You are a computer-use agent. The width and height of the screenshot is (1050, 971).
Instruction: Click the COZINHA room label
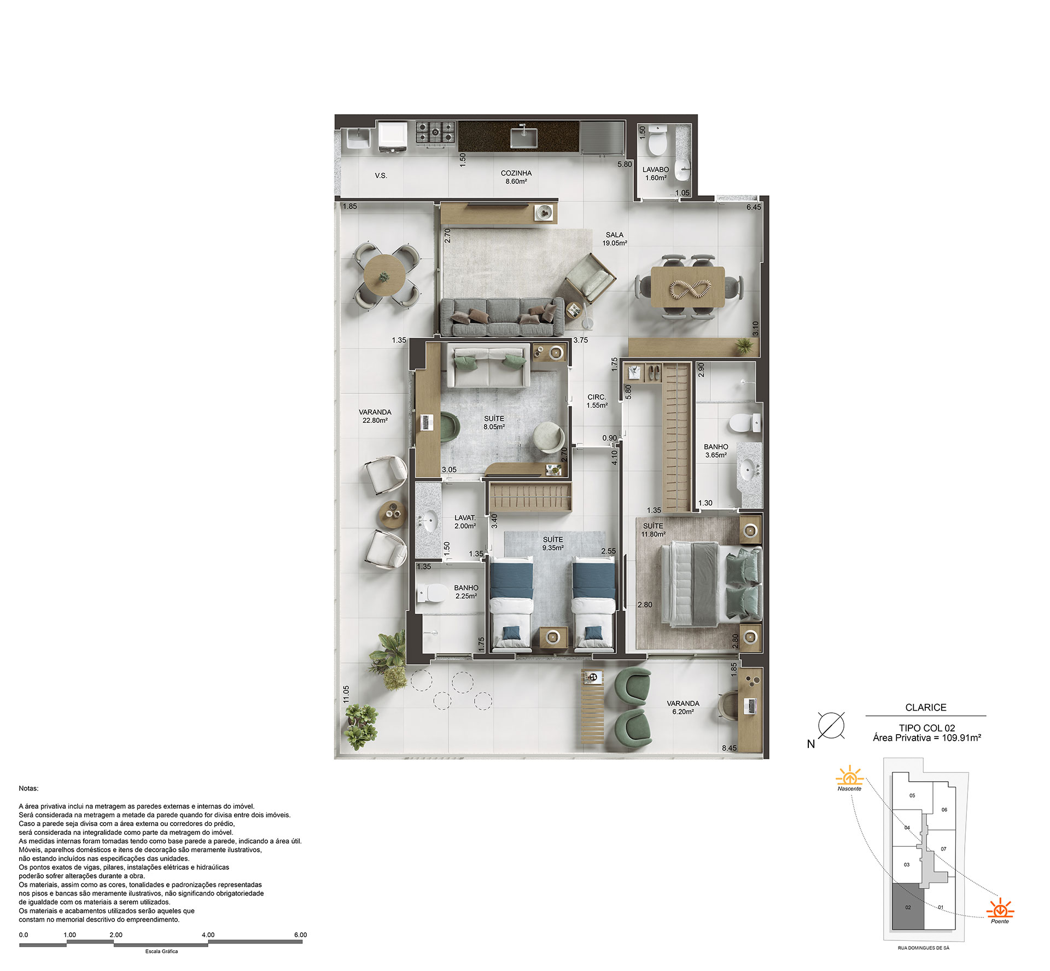tap(516, 173)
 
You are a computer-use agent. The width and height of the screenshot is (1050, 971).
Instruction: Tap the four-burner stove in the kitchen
tap(435, 132)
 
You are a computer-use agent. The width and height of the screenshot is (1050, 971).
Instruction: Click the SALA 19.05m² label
tap(614, 239)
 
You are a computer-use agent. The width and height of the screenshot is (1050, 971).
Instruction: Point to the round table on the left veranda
tap(384, 276)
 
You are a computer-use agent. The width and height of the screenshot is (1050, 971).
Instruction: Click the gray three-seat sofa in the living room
tap(501, 317)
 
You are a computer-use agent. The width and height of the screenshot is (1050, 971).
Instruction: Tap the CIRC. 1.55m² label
tap(597, 401)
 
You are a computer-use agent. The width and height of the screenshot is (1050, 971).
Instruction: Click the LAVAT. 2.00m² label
tap(465, 521)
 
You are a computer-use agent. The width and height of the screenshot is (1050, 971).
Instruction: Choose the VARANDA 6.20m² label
tap(682, 707)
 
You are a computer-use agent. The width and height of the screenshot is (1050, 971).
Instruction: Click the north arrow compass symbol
tap(831, 725)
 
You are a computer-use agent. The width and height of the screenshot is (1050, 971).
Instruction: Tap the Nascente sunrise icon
tap(849, 777)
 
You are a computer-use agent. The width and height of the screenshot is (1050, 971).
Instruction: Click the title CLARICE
tap(925, 707)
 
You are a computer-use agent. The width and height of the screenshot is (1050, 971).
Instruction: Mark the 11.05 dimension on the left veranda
tap(346, 694)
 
